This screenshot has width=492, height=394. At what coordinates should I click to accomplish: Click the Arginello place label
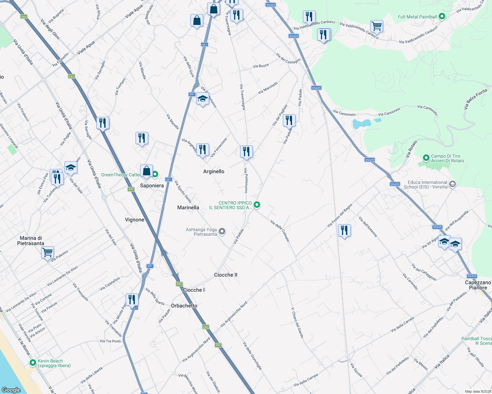point(214,171)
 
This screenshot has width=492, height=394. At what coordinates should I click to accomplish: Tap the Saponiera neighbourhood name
point(152,186)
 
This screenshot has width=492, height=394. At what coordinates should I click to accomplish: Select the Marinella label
point(188,208)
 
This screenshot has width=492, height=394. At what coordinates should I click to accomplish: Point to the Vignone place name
point(135,220)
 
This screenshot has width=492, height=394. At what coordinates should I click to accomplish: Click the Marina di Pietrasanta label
point(31,241)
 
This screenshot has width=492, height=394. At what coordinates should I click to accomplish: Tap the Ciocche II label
point(226,275)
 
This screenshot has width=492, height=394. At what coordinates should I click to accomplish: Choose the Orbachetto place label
point(184,306)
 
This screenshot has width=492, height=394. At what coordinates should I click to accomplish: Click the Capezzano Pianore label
point(478,285)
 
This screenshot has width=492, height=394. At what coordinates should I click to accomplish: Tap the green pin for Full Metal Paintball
point(442,16)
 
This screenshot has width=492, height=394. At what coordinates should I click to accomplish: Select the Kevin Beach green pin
point(33,363)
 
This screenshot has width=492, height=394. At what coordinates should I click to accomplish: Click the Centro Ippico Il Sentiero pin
point(257,205)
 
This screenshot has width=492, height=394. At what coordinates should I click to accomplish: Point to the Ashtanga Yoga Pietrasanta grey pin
point(222,231)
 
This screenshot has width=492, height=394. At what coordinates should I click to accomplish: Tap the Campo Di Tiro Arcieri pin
point(426,158)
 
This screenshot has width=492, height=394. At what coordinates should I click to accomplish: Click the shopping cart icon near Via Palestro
point(48,252)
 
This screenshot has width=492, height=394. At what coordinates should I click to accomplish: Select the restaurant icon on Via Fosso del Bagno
point(344,230)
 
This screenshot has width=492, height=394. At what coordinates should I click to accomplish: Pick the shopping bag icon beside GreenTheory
point(146,171)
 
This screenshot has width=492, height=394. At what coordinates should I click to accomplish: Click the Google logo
point(11,390)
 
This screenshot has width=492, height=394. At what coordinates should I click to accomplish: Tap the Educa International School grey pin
point(453,185)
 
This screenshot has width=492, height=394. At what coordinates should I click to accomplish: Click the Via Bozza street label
point(260,66)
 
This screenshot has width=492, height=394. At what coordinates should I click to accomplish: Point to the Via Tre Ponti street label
point(110,341)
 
